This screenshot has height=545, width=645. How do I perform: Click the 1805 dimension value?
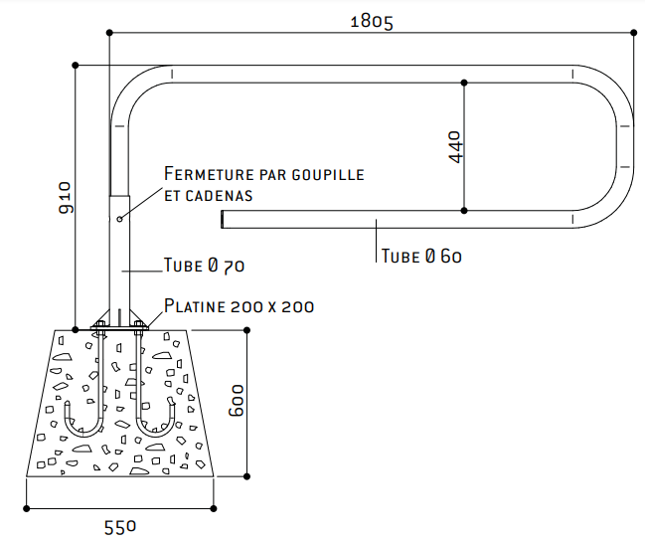(x=372, y=22)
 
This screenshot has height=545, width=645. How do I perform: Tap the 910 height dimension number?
(x=66, y=198)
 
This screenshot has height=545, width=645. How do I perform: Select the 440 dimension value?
(x=455, y=147)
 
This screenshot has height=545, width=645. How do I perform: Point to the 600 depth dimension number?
(x=237, y=401)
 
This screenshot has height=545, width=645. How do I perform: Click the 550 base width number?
(x=119, y=528)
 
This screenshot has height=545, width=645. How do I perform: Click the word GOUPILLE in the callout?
(x=328, y=175)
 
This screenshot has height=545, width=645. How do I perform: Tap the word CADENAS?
(x=219, y=196)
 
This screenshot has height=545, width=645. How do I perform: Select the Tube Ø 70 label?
(x=204, y=266)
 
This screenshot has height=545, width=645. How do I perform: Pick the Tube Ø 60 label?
(x=421, y=256)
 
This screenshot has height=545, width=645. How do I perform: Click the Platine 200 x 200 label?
(x=239, y=306)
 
